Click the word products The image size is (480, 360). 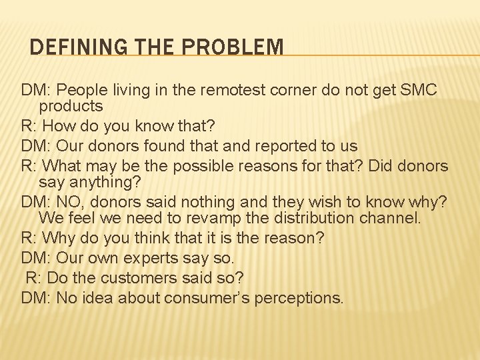click(71, 106)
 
